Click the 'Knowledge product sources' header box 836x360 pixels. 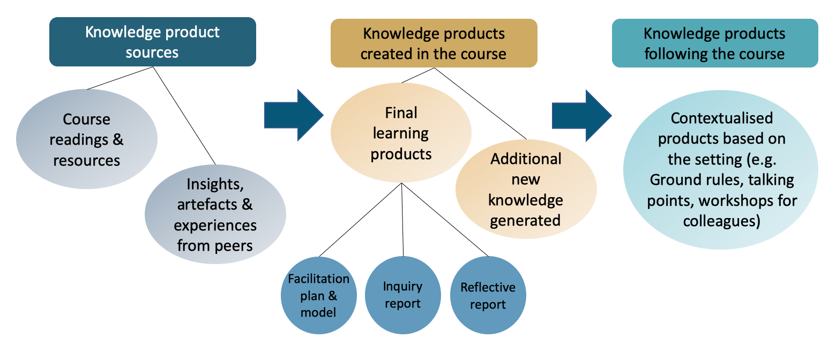point(152,42)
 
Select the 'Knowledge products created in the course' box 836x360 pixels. point(434,43)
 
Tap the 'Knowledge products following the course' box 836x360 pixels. point(714,43)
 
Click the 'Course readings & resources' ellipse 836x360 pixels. point(87,139)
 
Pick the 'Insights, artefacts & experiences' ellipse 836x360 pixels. point(215,215)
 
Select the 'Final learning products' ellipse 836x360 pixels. point(401,133)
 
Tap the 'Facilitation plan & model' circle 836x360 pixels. point(318,295)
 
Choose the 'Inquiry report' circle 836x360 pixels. point(402,295)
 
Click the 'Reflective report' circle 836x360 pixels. point(488,296)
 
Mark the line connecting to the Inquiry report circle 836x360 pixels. point(402,220)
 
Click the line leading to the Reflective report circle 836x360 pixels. point(445,220)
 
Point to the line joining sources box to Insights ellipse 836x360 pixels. point(185,116)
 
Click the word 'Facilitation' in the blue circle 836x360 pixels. point(318,279)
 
